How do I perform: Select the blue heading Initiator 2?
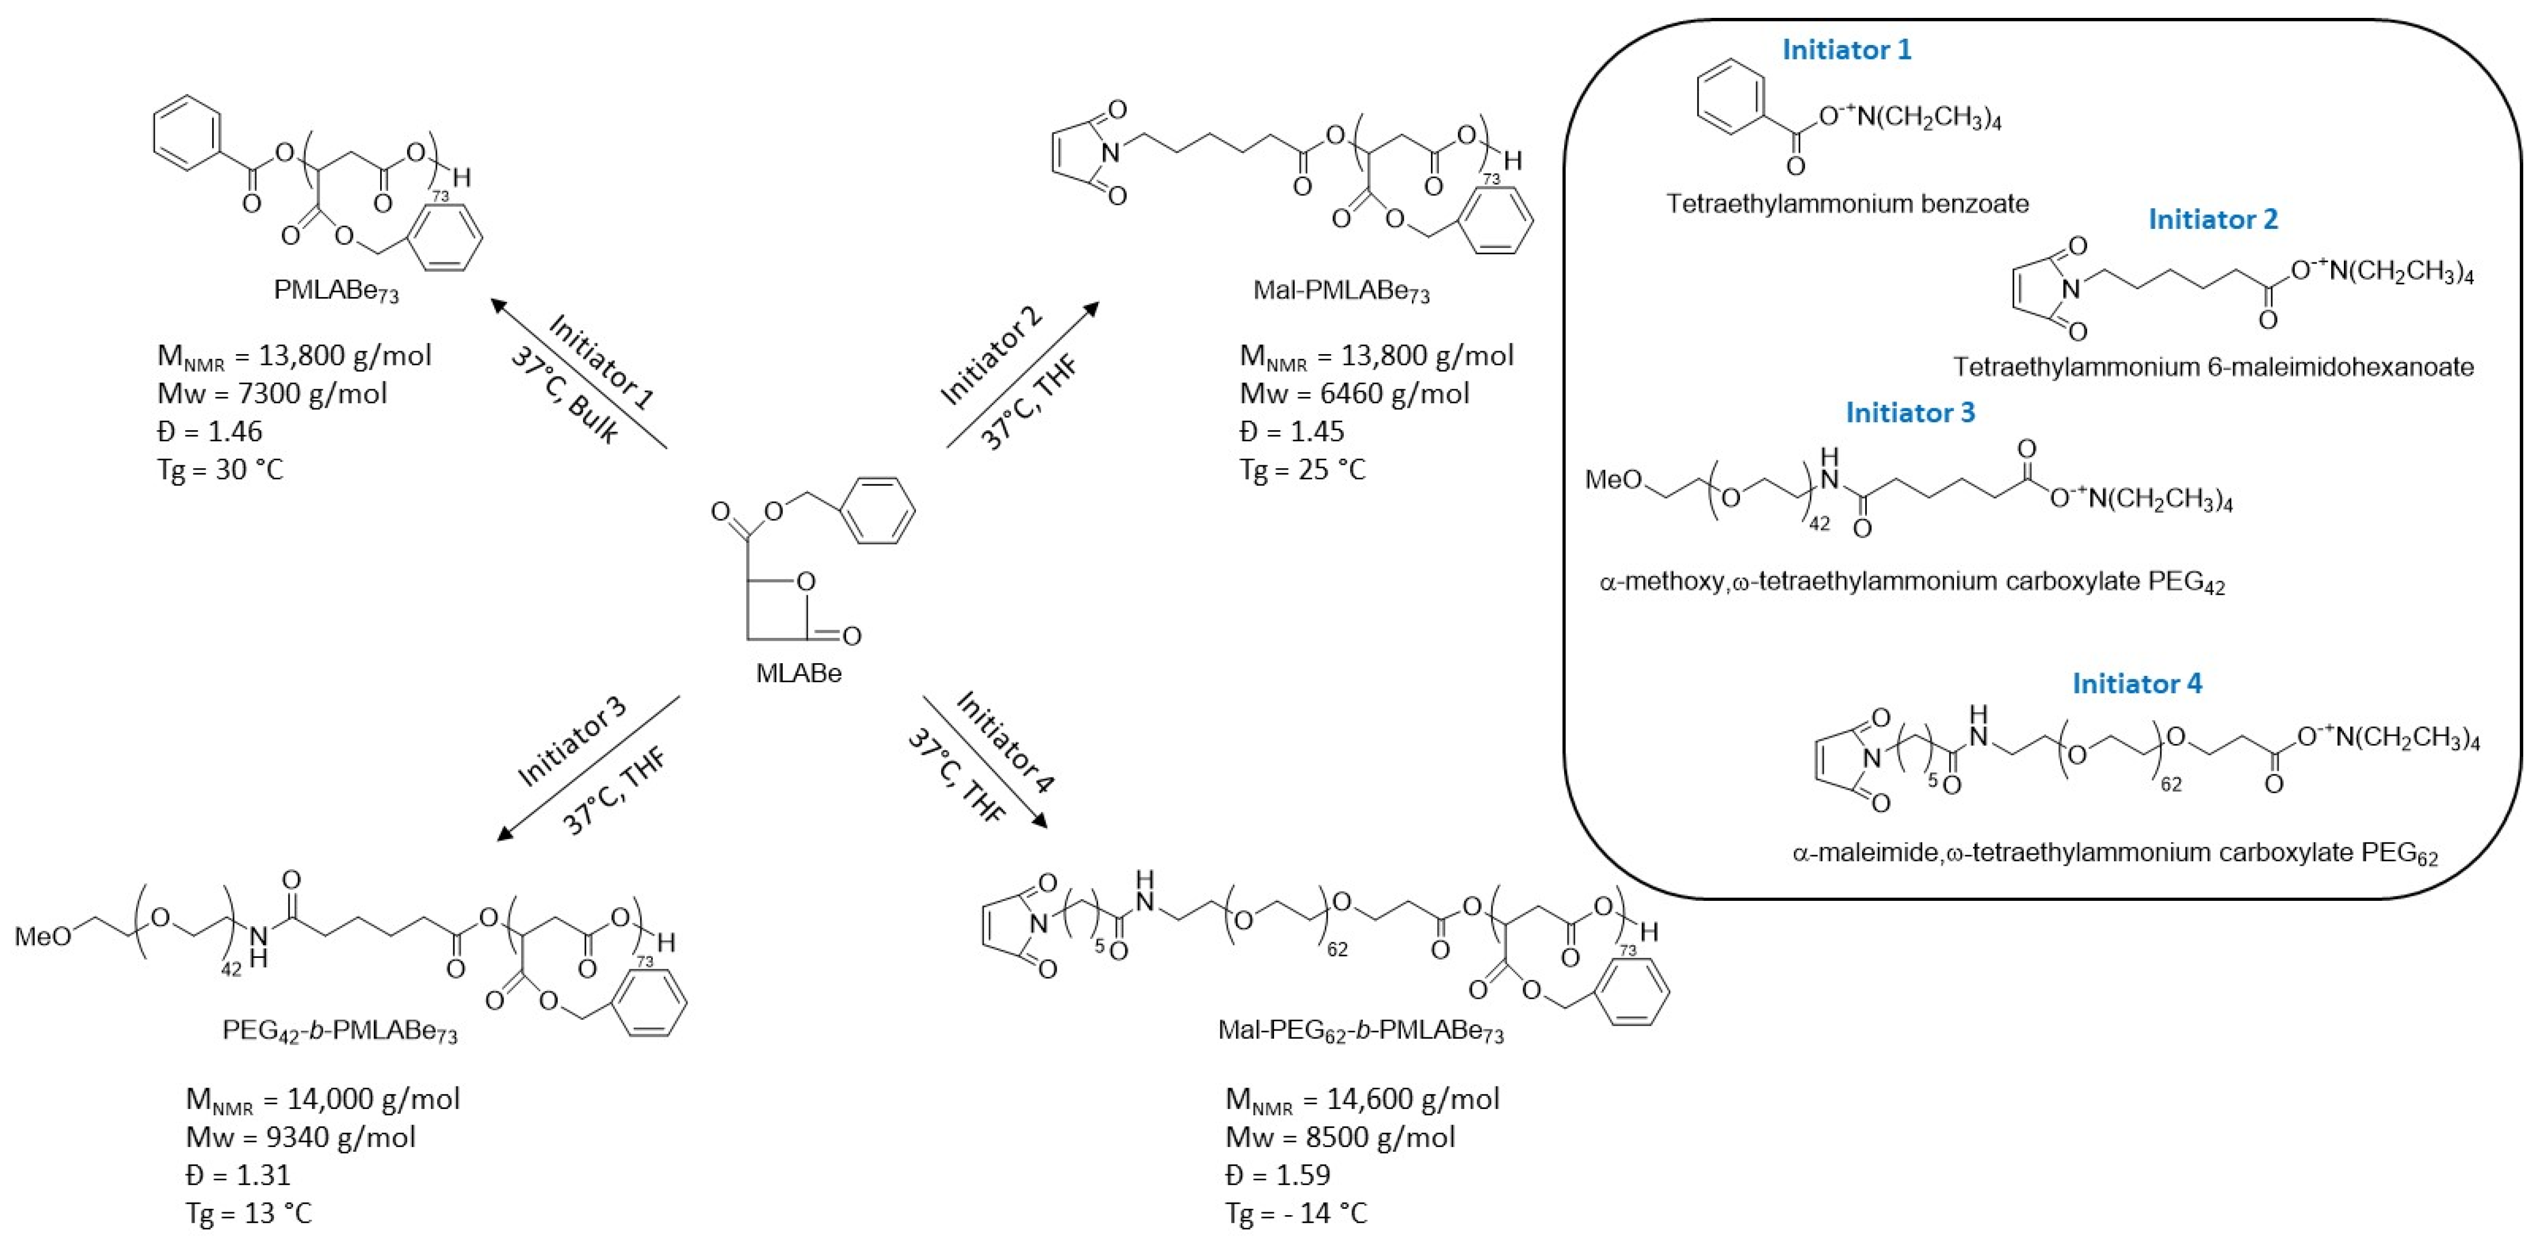(2212, 219)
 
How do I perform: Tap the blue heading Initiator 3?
(1910, 413)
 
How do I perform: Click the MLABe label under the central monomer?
(798, 674)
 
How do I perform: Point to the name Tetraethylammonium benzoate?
(1847, 204)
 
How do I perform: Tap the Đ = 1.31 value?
(238, 1175)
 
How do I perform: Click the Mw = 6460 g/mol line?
(1354, 394)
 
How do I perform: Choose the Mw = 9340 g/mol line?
(300, 1137)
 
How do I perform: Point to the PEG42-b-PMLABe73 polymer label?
(340, 1032)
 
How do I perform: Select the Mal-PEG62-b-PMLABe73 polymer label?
(1360, 1032)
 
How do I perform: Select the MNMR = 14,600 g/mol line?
(1362, 1099)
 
